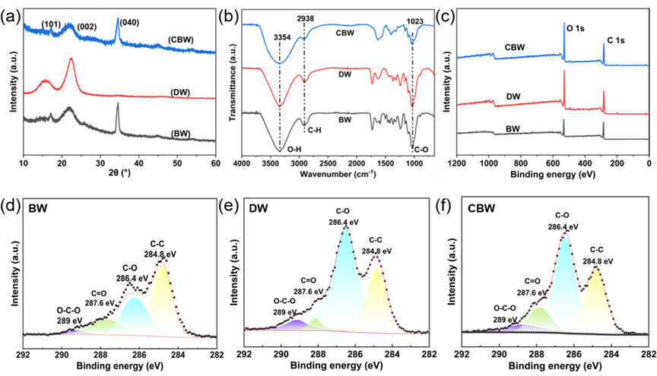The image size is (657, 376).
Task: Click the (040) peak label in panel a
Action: click(x=129, y=23)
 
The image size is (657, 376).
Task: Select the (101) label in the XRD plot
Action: click(x=52, y=24)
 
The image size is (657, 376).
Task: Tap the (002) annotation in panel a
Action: click(x=87, y=27)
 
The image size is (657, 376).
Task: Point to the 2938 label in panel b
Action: click(x=306, y=18)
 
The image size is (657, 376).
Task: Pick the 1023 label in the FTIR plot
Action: click(x=415, y=21)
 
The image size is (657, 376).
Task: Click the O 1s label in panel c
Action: click(x=576, y=28)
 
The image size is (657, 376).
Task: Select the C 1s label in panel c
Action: click(x=616, y=40)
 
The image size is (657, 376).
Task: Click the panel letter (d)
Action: click(x=10, y=207)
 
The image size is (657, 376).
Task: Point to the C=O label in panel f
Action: click(x=532, y=281)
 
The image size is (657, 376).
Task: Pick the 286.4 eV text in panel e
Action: click(x=344, y=223)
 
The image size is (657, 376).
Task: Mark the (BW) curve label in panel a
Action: click(x=180, y=134)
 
